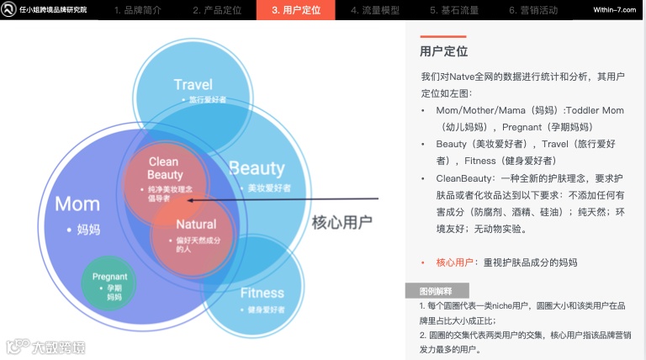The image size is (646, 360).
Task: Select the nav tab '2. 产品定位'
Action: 217,11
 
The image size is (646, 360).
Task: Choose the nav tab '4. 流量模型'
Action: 375,11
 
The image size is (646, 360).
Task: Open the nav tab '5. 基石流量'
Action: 455,11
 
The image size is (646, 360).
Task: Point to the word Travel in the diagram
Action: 193,84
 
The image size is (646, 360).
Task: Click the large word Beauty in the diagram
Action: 257,168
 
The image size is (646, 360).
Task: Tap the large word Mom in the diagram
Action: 77,204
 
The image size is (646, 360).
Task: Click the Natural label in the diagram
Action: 195,225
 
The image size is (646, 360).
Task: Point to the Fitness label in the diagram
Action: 262,294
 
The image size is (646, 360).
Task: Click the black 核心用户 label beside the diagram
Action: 342,222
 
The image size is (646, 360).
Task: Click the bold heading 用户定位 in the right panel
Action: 443,52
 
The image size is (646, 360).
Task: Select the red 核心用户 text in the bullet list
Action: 454,262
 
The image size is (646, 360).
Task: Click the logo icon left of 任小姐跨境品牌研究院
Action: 9,11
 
